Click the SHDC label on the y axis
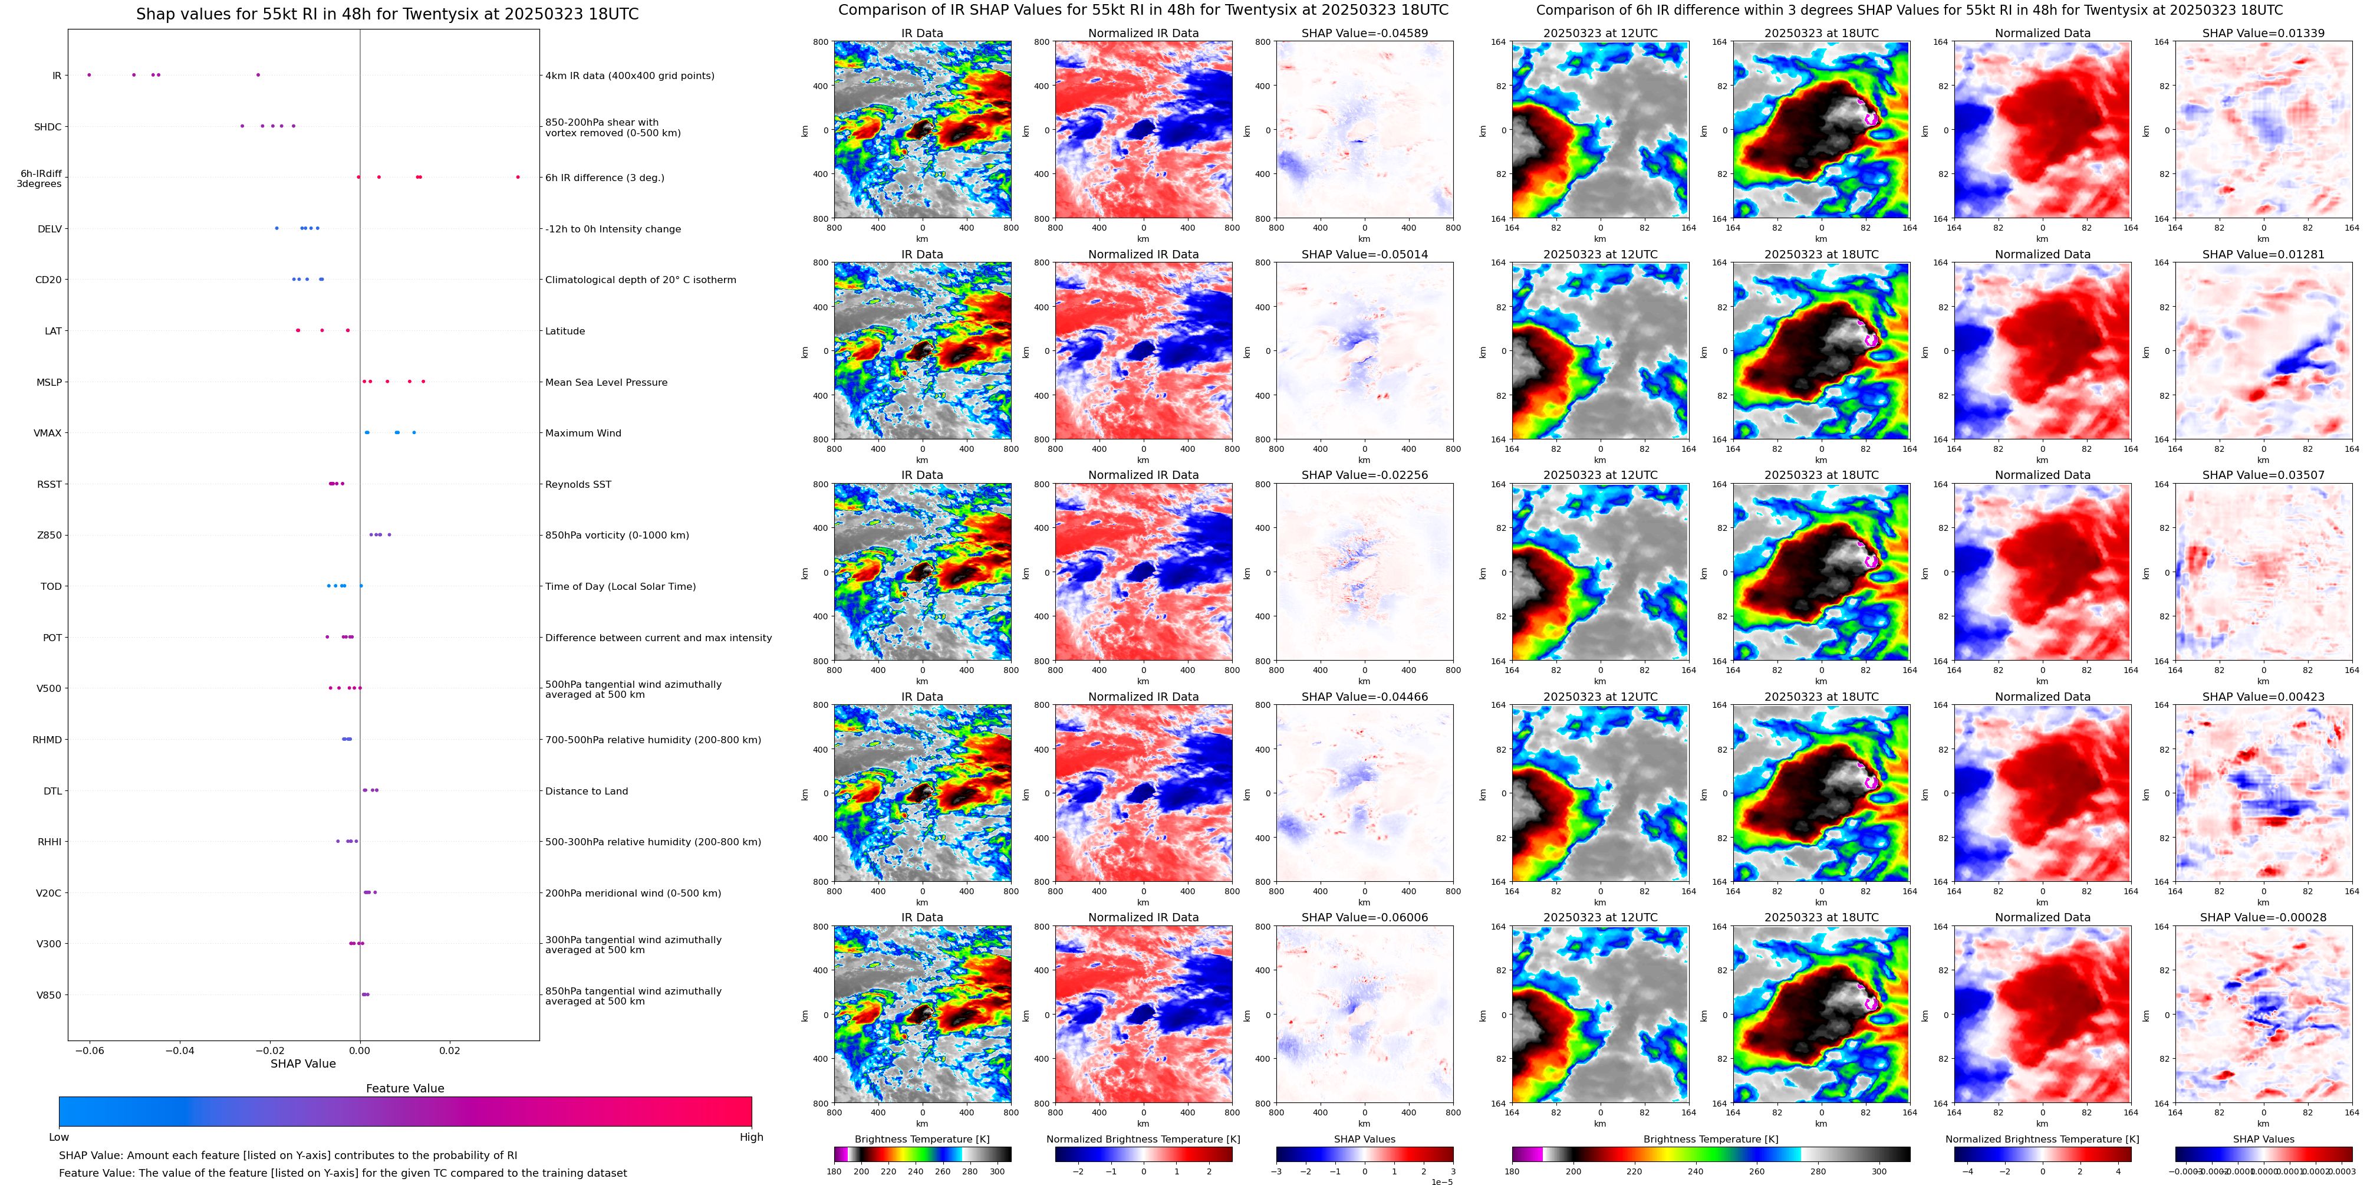[x=48, y=127]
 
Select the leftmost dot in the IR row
[x=89, y=74]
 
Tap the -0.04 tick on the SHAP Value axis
[x=179, y=1050]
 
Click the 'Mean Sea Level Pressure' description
[x=605, y=382]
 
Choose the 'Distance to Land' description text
[x=586, y=790]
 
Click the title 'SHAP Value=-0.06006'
[x=1365, y=917]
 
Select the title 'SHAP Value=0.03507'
[x=2263, y=475]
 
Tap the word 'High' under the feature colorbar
[x=750, y=1137]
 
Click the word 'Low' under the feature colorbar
[x=59, y=1137]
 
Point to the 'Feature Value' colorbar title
[x=404, y=1088]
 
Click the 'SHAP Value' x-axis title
[x=303, y=1063]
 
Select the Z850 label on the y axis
[x=49, y=535]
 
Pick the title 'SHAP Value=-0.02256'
[x=1365, y=475]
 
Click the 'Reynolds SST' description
[x=577, y=484]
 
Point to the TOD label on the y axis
[x=51, y=586]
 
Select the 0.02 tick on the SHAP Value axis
[x=449, y=1050]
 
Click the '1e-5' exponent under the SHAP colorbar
[x=1441, y=1181]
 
